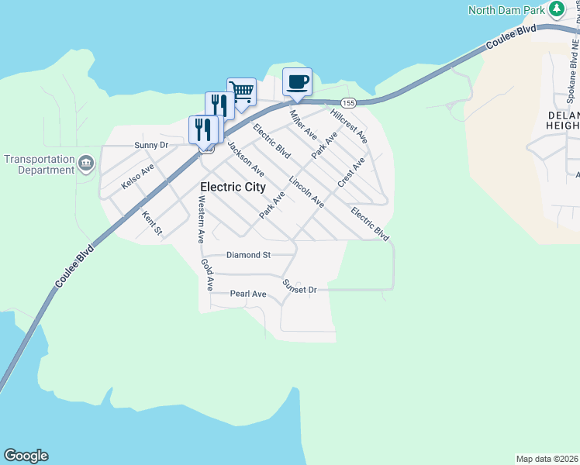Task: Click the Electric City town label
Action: coord(233,187)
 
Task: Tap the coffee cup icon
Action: coord(297,81)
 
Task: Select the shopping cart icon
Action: coord(241,92)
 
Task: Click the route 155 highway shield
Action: coord(348,102)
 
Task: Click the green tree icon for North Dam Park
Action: coord(557,9)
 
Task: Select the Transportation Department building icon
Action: coord(86,163)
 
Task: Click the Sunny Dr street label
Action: coord(150,145)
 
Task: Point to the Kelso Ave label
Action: coord(138,176)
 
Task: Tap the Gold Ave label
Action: coord(207,274)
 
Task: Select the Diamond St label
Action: coord(248,254)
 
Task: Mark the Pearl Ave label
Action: coord(248,294)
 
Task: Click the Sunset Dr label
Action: coord(300,287)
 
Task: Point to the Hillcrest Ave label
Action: coord(348,126)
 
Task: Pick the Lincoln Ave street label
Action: coord(306,191)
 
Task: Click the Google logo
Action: coord(26,456)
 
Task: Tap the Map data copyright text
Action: coord(547,459)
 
